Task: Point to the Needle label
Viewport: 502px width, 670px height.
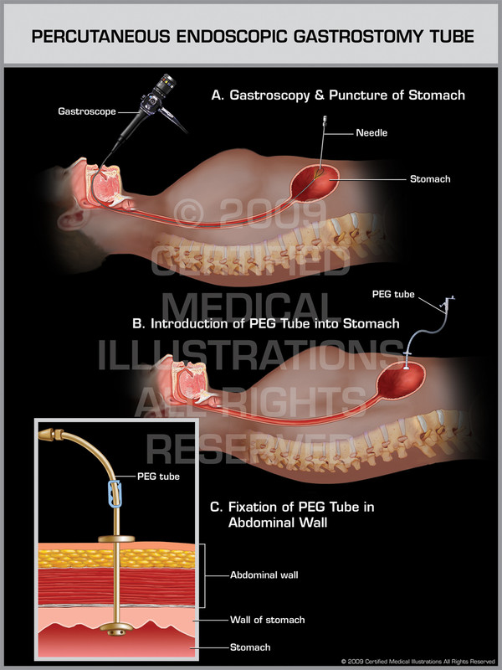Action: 371,133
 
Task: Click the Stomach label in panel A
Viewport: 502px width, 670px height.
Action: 430,178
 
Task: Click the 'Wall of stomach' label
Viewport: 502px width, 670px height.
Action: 267,620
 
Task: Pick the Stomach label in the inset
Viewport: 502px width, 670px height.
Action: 250,647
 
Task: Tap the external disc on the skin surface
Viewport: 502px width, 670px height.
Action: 110,539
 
